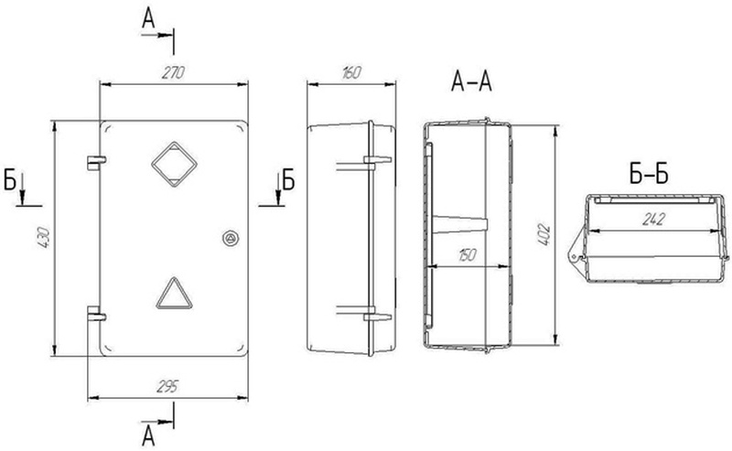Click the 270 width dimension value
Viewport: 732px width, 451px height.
tap(173, 73)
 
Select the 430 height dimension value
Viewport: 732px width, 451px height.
tap(43, 237)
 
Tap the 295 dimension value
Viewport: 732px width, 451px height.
tap(167, 387)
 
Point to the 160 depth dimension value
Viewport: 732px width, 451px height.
tap(351, 73)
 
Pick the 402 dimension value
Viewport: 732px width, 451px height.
tap(544, 235)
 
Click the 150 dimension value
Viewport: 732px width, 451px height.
tap(467, 255)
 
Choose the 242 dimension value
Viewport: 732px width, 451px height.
tap(653, 219)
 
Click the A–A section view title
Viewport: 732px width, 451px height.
tap(471, 81)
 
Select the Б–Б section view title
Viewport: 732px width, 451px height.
tap(649, 174)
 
